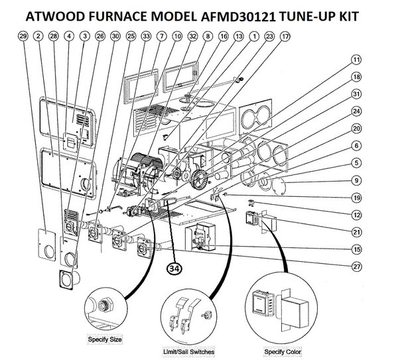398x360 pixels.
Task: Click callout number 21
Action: coord(356,233)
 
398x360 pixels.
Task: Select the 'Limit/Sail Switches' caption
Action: coord(188,351)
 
